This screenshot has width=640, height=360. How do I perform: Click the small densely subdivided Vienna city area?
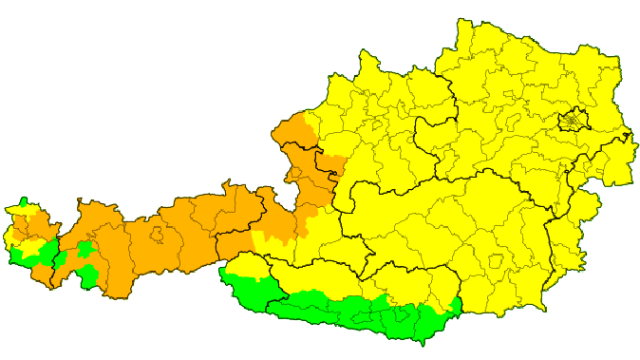[x=573, y=122]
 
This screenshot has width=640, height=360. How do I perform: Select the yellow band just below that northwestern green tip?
[x=27, y=209]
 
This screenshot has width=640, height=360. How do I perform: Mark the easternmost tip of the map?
[x=634, y=133]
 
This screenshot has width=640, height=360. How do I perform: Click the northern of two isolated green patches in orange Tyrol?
[x=86, y=250]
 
